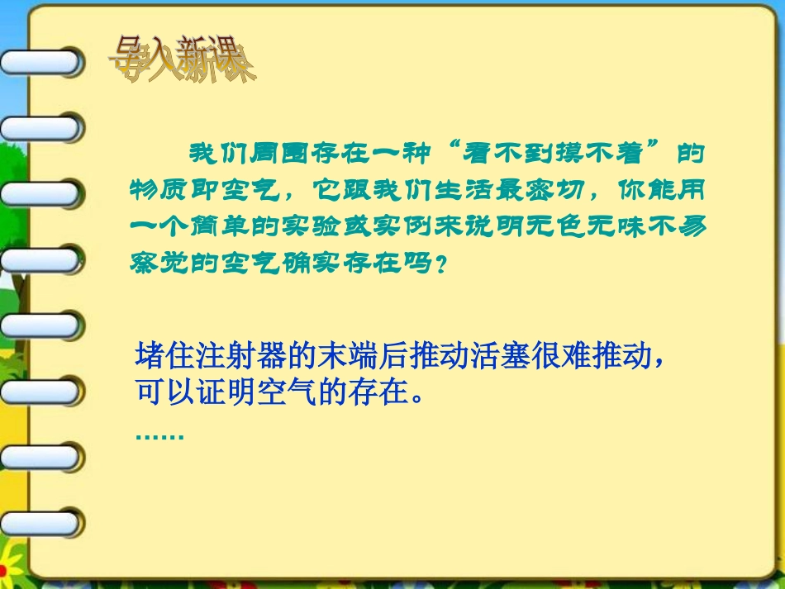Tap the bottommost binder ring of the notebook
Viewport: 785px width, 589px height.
point(41,523)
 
